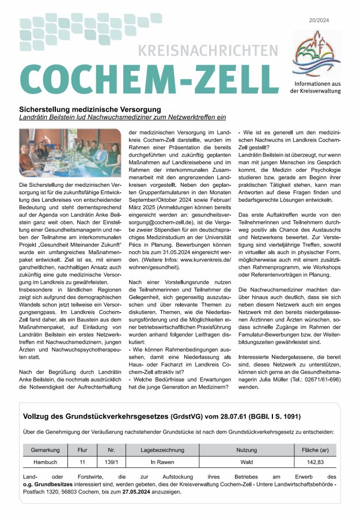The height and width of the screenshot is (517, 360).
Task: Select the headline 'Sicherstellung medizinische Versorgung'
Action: point(90,109)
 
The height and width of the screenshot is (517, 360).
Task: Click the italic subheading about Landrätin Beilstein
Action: point(122,117)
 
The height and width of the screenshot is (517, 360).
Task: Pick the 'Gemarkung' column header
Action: point(45,449)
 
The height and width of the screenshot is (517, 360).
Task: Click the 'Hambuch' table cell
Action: point(45,462)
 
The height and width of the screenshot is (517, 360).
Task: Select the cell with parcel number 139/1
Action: point(111,462)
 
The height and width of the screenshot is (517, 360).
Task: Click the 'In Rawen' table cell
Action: point(161,462)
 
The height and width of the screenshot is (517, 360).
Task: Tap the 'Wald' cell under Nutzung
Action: point(247,462)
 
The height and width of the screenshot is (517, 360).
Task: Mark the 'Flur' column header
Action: point(82,449)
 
